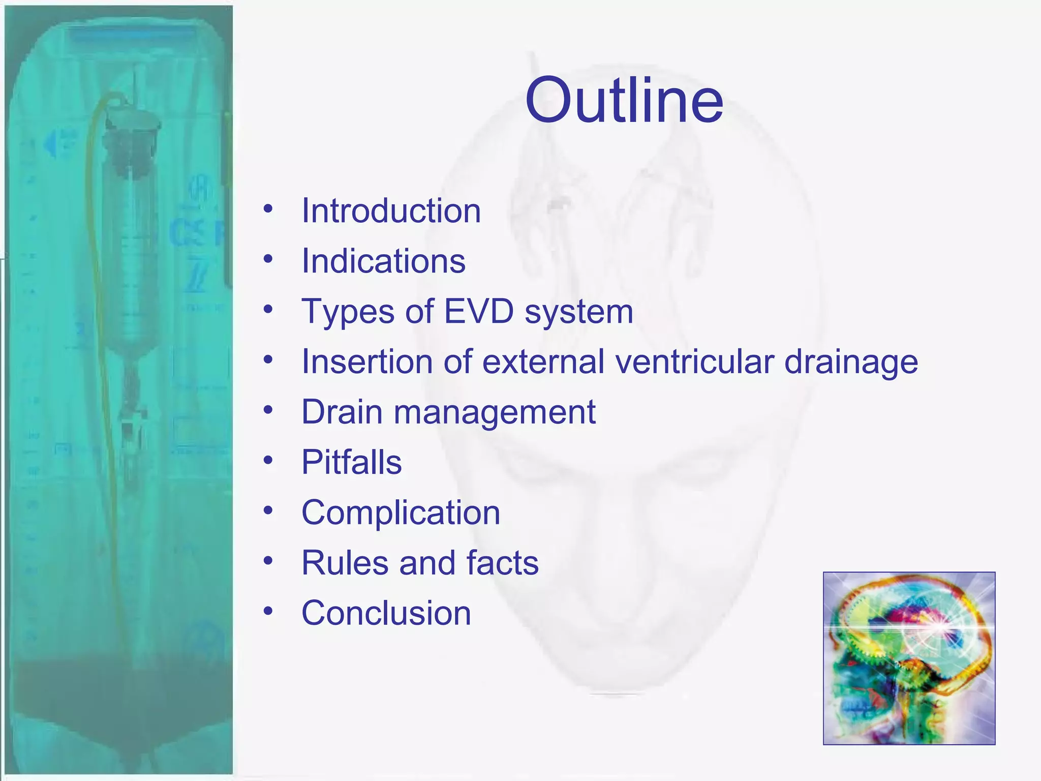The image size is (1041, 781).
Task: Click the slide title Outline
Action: tap(624, 100)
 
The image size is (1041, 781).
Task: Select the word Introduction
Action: tap(391, 211)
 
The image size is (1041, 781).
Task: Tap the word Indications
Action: tap(383, 261)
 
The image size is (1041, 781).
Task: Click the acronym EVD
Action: tap(479, 311)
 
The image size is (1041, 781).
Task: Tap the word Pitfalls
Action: tap(351, 462)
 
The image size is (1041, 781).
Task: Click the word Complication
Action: tap(401, 513)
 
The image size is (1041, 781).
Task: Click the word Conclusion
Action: tap(386, 613)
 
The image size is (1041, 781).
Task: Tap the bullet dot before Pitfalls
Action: tap(268, 460)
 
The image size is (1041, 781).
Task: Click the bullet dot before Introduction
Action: tap(268, 208)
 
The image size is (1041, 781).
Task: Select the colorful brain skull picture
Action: tap(909, 658)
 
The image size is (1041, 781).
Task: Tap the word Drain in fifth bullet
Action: tap(342, 412)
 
